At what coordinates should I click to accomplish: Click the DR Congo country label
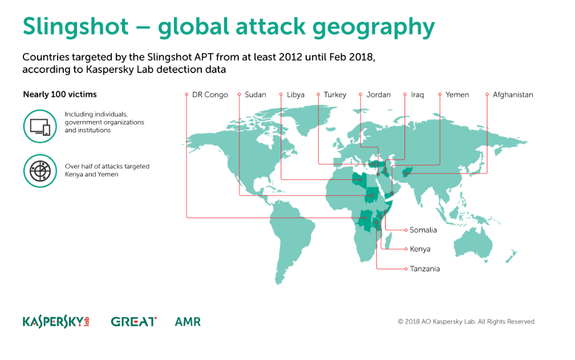tap(210, 95)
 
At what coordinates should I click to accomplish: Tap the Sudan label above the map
tap(255, 95)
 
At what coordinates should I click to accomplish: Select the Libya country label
tap(295, 95)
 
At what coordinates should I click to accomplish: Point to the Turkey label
tap(335, 95)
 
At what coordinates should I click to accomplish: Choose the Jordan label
tap(378, 95)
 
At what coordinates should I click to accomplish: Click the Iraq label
tap(418, 95)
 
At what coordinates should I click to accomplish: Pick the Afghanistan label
tap(513, 95)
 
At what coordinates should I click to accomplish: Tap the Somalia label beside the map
tap(423, 230)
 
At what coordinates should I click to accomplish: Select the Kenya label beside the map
tap(420, 249)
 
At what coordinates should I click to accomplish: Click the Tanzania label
tap(424, 269)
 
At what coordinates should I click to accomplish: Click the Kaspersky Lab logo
tap(56, 322)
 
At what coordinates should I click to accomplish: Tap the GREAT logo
tap(133, 322)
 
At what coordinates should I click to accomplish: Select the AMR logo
tap(188, 322)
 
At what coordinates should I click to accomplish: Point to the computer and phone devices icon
tap(40, 127)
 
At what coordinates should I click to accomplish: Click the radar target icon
tap(40, 171)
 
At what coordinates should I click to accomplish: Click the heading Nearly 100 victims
tap(60, 94)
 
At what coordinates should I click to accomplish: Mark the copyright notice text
tap(466, 322)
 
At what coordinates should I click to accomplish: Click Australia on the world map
tap(473, 243)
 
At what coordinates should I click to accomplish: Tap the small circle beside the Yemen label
tap(440, 95)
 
